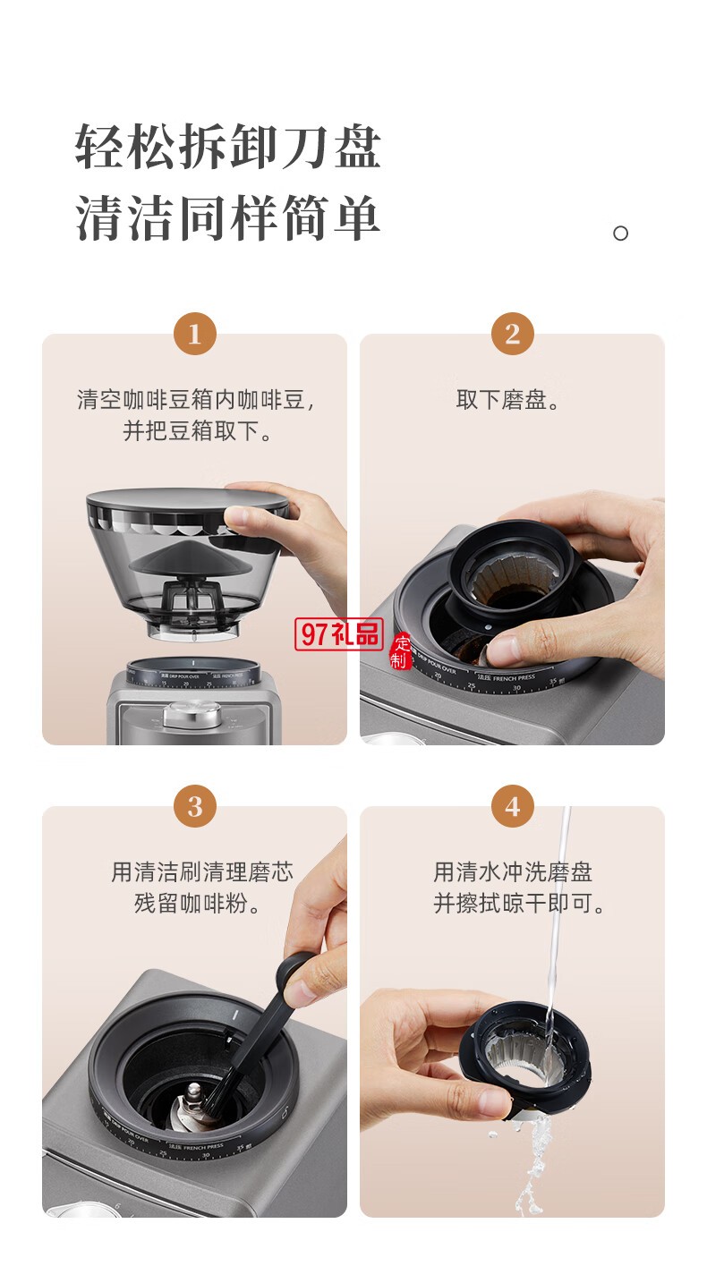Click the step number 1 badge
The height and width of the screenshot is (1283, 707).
(194, 336)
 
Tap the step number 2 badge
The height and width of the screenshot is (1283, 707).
(512, 336)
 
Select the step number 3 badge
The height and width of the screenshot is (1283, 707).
(194, 807)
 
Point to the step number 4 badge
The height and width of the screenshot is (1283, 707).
(512, 807)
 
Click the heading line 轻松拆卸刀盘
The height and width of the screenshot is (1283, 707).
(228, 147)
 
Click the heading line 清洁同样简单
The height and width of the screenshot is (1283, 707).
(228, 218)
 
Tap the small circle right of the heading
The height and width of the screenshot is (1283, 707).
(620, 234)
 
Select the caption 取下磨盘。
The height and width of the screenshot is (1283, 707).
(512, 400)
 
